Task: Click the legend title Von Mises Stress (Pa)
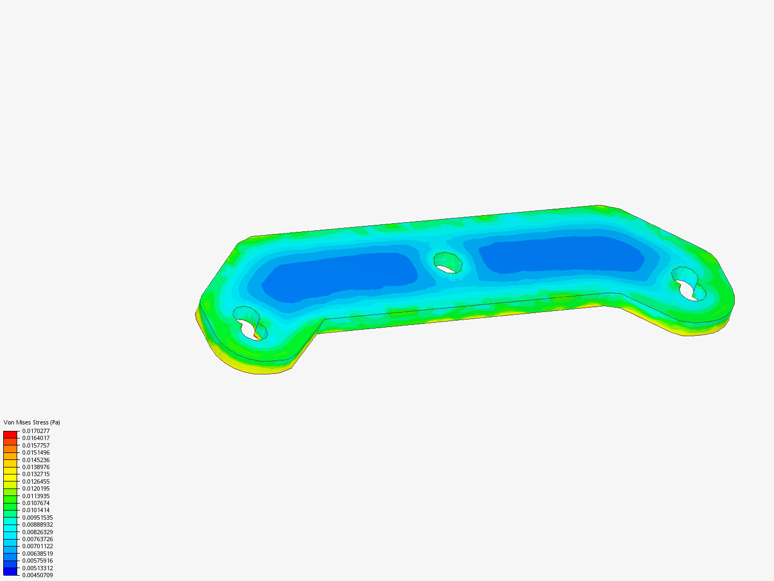32,422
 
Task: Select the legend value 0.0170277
35,431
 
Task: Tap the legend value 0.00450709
37,575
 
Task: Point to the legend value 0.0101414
35,510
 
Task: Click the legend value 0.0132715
35,474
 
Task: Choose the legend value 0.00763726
37,539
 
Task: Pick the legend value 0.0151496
35,452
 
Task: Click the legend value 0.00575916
37,561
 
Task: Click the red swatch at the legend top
10,434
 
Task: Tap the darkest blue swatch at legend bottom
10,571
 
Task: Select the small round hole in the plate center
448,263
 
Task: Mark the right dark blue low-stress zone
562,254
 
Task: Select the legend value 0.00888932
37,525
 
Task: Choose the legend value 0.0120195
35,488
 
